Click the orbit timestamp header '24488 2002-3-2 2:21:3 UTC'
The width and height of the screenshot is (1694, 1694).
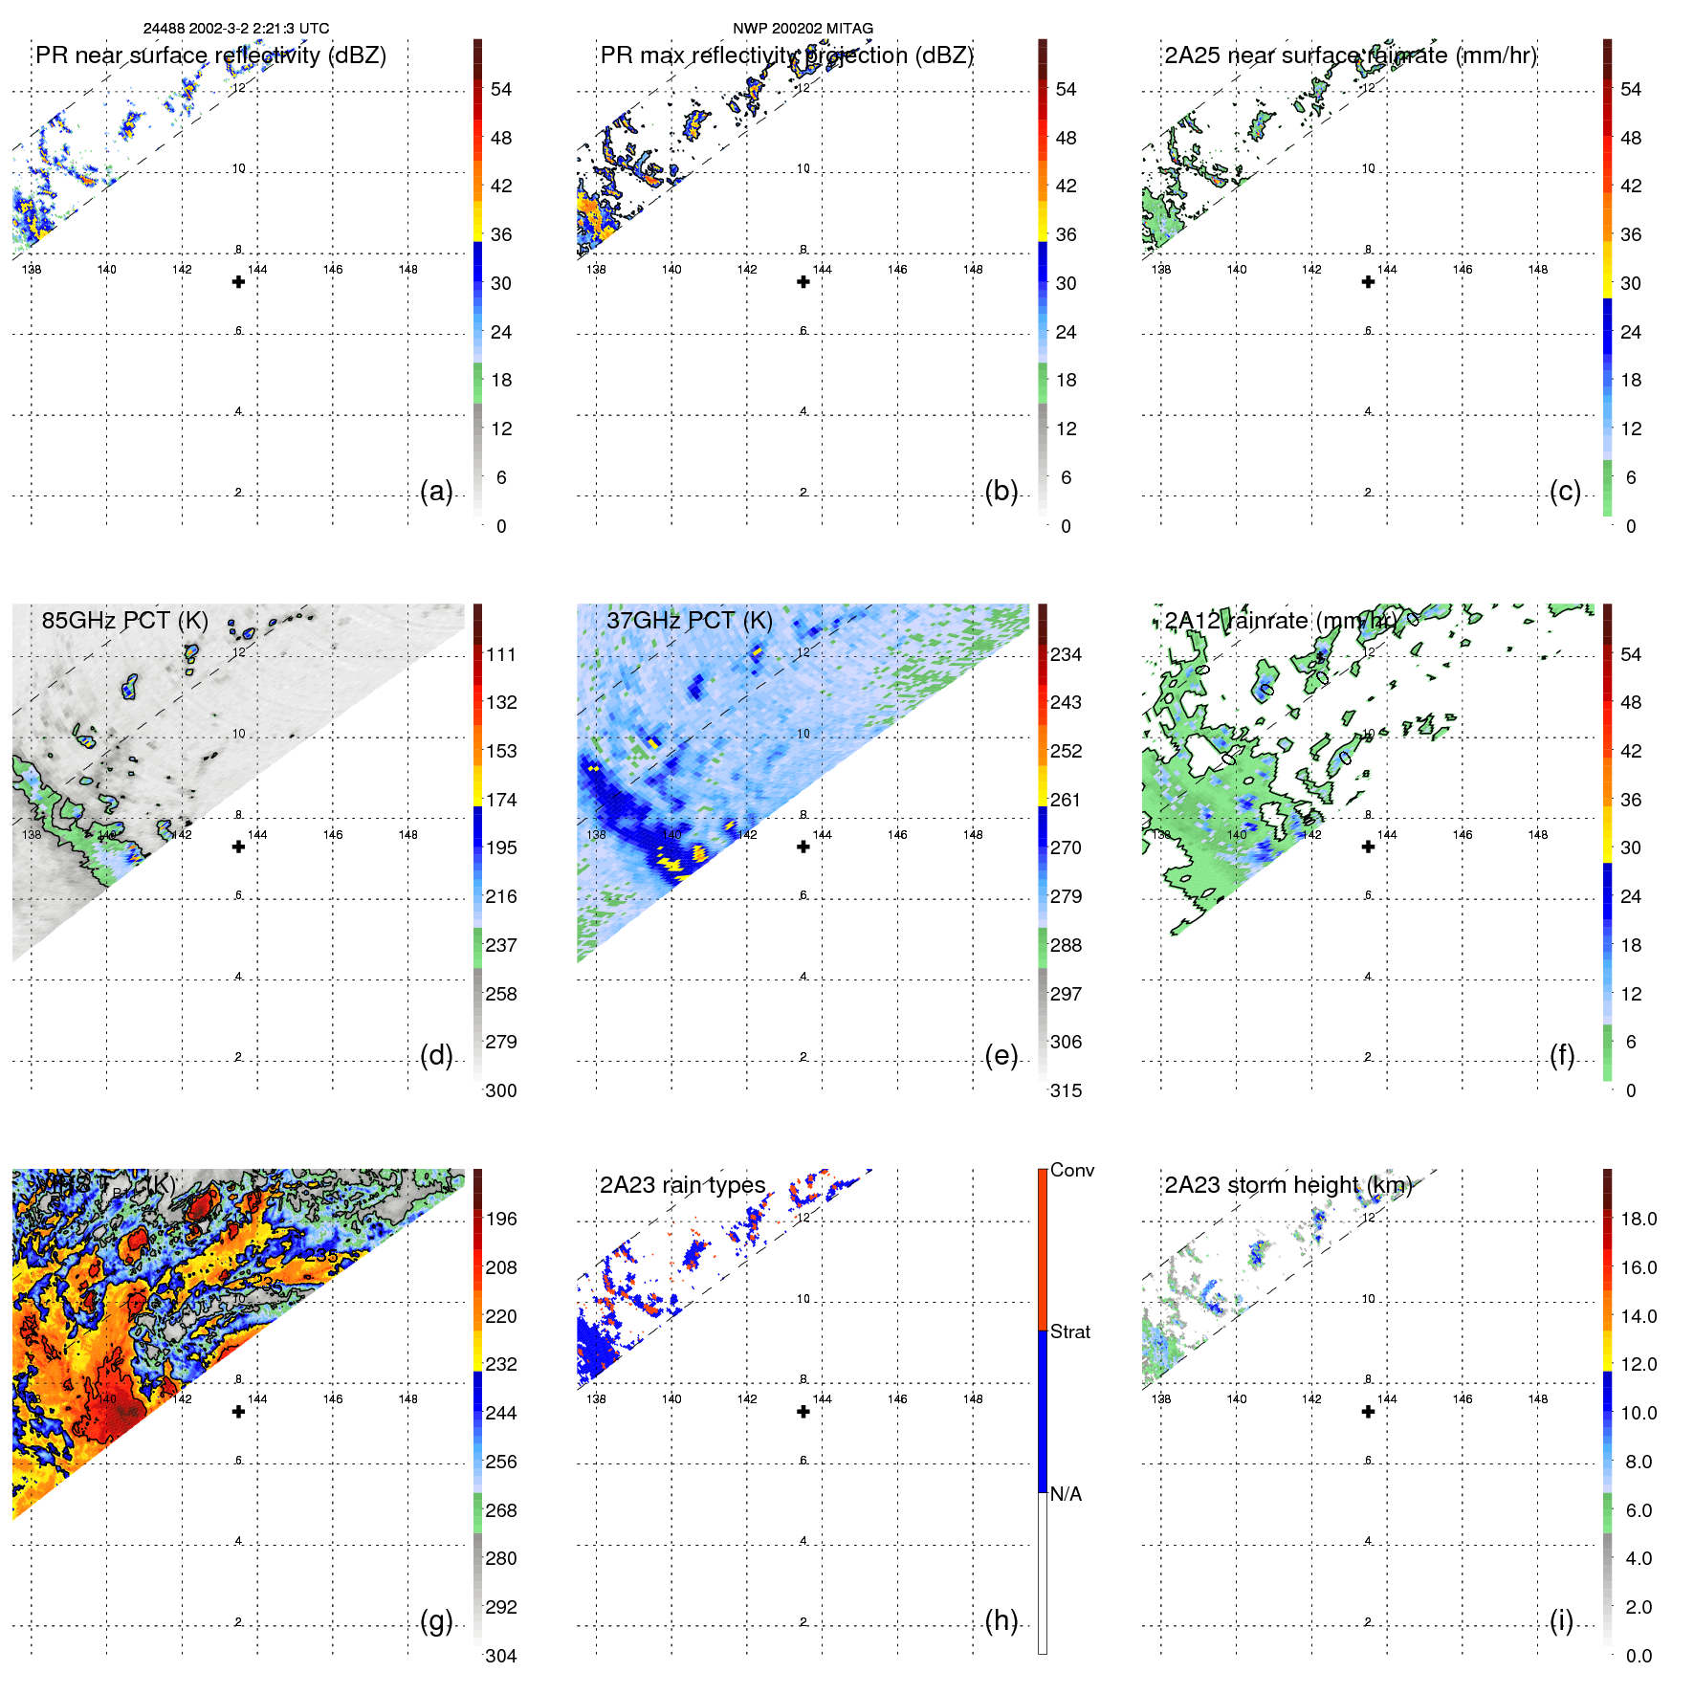[x=236, y=29]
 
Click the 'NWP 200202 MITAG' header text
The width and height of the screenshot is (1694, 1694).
[x=803, y=29]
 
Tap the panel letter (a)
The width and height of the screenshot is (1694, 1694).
[x=436, y=492]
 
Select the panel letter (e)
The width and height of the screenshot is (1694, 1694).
[x=1001, y=1056]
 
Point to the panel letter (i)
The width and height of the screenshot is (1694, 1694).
[x=1561, y=1620]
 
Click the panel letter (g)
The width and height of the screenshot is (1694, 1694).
[x=436, y=1620]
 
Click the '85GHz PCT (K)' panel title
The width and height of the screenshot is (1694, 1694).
[x=124, y=621]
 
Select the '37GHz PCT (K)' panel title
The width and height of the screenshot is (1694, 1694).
[x=689, y=621]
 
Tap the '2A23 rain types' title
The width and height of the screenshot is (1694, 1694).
[x=683, y=1185]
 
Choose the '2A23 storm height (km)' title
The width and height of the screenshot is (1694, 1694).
[x=1288, y=1185]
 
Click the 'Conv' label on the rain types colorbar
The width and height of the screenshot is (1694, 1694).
[x=1072, y=1170]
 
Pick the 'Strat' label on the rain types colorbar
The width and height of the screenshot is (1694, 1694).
[x=1070, y=1331]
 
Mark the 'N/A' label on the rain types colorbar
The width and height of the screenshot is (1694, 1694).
[x=1067, y=1494]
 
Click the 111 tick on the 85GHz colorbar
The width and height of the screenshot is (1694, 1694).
[x=501, y=654]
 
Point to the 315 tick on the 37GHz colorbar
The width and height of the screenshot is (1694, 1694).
[x=1066, y=1090]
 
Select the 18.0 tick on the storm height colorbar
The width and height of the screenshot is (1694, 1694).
[x=1639, y=1219]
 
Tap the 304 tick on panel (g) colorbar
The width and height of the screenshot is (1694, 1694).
[x=501, y=1656]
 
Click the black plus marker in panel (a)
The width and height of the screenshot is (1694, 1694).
[x=238, y=282]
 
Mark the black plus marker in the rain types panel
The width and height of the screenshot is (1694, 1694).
[x=803, y=1412]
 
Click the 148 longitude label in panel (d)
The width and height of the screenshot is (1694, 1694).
[x=408, y=835]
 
